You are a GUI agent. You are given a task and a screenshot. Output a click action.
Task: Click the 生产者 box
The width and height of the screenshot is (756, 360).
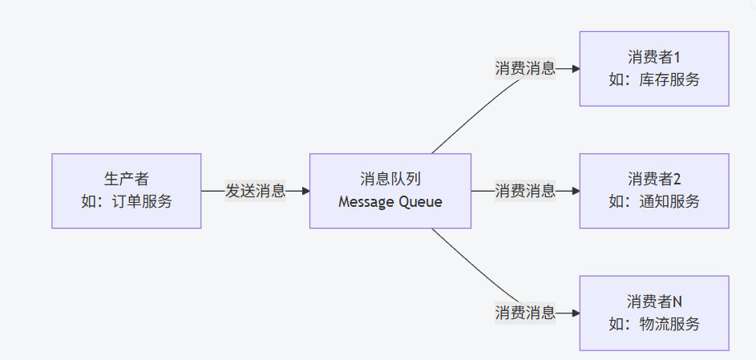[x=126, y=191]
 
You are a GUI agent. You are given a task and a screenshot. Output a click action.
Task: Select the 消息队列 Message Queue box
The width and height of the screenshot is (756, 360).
[x=390, y=191]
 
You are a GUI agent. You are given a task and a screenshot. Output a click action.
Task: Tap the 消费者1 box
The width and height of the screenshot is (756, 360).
[x=653, y=69]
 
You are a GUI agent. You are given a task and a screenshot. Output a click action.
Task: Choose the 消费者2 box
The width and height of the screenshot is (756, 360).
[x=653, y=191]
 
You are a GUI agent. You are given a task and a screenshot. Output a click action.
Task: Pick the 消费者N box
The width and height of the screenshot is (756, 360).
[x=653, y=313]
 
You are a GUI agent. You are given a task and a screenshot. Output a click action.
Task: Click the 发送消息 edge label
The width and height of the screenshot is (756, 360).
[x=255, y=191]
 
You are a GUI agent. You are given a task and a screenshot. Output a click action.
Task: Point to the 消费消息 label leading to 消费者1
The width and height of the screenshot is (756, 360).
[x=525, y=69]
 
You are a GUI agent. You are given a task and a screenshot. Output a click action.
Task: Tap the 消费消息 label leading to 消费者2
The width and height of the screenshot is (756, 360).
[x=525, y=191]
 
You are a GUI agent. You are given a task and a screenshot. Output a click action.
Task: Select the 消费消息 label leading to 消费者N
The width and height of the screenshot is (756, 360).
[x=525, y=313]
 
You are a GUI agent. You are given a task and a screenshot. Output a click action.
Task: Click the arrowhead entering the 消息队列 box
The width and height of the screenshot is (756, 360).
[x=305, y=191]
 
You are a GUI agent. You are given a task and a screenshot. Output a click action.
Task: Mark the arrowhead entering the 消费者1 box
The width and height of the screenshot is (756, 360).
[x=575, y=69]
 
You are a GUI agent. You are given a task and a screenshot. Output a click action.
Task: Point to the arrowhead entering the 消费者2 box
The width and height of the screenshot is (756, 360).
[x=575, y=191]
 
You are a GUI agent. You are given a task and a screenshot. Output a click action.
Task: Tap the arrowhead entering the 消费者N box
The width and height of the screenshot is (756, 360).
[x=575, y=313]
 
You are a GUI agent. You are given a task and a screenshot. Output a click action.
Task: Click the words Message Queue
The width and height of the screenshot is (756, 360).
[x=390, y=201]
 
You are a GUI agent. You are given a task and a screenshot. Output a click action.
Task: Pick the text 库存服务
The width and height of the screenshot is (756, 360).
[x=669, y=79]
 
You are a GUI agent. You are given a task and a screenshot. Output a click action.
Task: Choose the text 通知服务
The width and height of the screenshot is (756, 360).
[x=669, y=201]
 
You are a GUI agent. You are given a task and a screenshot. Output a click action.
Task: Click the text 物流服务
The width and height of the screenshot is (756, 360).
[x=669, y=323]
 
